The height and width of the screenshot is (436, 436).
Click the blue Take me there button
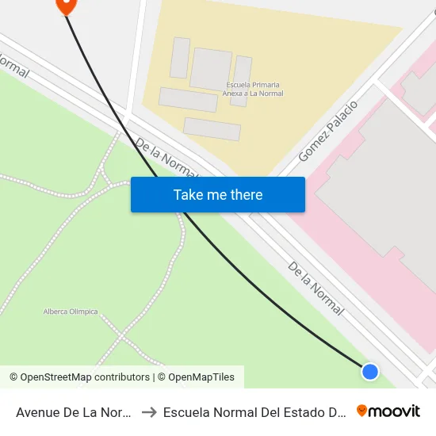217,194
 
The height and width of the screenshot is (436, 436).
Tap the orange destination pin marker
65,4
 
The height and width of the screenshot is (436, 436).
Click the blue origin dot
369,371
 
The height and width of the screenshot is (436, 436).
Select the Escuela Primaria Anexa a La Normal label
254,90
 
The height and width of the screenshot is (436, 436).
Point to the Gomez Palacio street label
327,132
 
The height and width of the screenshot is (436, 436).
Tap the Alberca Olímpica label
71,312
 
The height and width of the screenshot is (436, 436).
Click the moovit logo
388,411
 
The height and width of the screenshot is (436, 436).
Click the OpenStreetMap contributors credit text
79,377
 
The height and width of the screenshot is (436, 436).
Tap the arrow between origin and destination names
148,411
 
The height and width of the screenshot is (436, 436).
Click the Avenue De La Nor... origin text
73,411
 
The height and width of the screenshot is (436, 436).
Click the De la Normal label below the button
316,289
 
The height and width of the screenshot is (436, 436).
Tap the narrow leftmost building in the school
180,58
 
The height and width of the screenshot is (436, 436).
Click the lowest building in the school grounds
212,129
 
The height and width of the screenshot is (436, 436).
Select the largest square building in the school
211,69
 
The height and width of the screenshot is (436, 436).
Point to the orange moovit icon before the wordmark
362,411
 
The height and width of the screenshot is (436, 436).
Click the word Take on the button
189,194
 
